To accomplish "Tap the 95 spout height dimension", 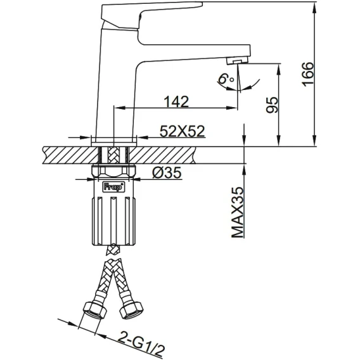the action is (272, 105).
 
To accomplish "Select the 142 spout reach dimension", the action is (176, 101).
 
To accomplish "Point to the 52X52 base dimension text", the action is (182, 131).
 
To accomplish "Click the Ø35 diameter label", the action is (167, 172).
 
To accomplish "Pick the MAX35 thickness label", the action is (237, 212).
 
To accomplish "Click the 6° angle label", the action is (226, 79).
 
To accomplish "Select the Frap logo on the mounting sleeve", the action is (113, 187).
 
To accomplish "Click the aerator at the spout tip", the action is (238, 61).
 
